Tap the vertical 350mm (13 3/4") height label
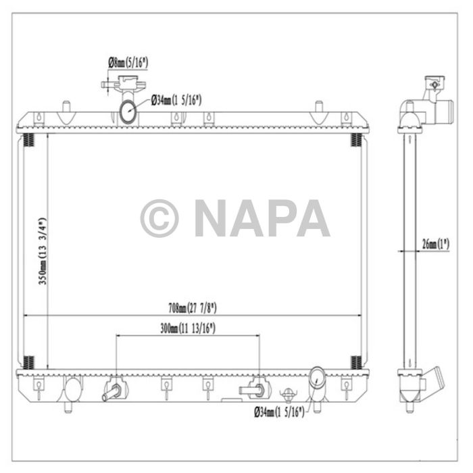pyautogui.click(x=42, y=251)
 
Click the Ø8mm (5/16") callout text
pyautogui.click(x=128, y=63)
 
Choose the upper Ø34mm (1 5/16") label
pyautogui.click(x=176, y=101)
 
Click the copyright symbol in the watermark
pyautogui.click(x=159, y=218)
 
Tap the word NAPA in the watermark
pyautogui.click(x=262, y=218)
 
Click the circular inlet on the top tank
pyautogui.click(x=129, y=111)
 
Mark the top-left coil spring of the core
pyautogui.click(x=28, y=141)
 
